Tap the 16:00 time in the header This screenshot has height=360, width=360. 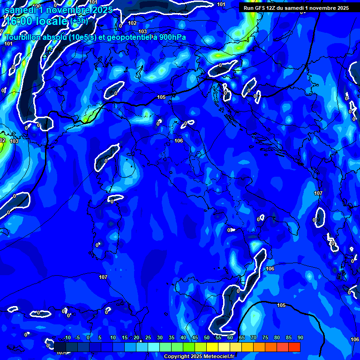19,21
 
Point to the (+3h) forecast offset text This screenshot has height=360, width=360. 79,21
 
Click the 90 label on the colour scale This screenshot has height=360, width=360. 300,338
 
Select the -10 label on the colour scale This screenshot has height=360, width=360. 67,338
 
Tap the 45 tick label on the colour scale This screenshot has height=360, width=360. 195,338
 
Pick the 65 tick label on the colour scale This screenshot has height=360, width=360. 241,338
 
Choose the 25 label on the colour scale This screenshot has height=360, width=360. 148,338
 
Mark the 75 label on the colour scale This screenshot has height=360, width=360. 265,338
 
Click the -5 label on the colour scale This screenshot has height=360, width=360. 78,338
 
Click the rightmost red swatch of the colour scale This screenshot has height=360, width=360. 294,347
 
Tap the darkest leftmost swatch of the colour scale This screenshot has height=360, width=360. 60,347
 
